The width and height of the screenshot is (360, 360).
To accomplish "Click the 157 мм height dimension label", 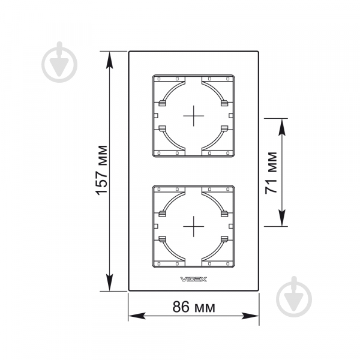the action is click(101, 170).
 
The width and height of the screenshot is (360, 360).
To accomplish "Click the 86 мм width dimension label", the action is click(194, 307).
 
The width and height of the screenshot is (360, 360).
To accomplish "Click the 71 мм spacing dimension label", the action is click(271, 173).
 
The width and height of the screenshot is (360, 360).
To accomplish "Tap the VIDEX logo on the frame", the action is click(194, 279).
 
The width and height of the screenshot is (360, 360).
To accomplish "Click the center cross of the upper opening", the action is click(194, 116).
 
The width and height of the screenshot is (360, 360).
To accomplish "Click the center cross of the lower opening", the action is click(194, 226).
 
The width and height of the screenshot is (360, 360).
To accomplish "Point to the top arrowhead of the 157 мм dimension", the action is click(110, 60).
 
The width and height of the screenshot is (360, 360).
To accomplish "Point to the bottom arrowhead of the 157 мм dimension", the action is click(110, 283).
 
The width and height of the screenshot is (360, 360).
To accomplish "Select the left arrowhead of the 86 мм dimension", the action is click(137, 316).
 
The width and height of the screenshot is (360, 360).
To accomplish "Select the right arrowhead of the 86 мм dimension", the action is click(250, 316).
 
